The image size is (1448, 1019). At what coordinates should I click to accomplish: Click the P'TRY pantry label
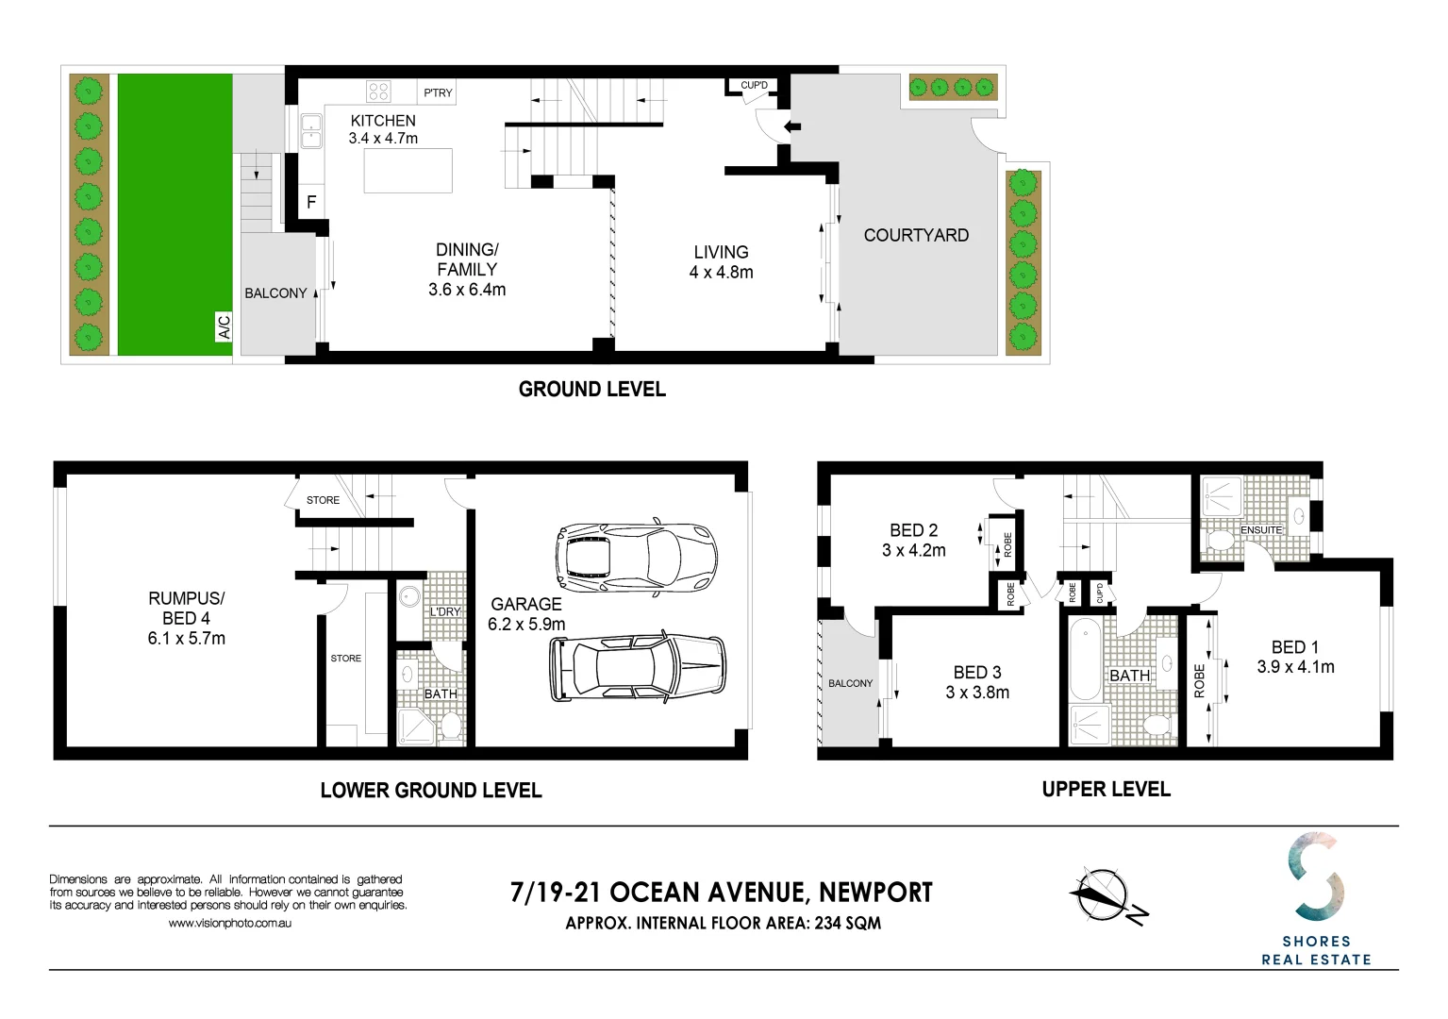click(x=438, y=92)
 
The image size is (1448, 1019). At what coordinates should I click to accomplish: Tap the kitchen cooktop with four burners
click(x=378, y=92)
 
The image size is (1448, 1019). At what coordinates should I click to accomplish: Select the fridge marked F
click(x=311, y=202)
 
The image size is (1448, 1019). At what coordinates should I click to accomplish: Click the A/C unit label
click(x=225, y=326)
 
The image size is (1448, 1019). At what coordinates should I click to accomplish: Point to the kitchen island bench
click(x=408, y=171)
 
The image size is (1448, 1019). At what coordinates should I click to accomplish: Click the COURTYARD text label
click(x=916, y=236)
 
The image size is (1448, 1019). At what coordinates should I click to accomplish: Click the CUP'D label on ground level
click(x=754, y=86)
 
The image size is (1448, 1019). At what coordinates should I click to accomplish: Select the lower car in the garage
click(x=638, y=668)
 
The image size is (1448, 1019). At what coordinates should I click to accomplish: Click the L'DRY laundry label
click(x=445, y=611)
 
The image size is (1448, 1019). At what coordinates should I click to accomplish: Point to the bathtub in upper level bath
click(x=1084, y=657)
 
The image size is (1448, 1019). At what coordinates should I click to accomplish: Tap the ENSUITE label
click(x=1261, y=530)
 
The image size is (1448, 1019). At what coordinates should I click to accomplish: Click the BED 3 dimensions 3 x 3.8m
click(x=977, y=693)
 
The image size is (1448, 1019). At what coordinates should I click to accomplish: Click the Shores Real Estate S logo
click(x=1316, y=877)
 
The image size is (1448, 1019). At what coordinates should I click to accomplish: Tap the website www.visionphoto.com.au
click(x=229, y=924)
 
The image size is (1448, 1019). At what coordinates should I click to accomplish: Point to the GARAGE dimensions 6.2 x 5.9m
click(x=526, y=625)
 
